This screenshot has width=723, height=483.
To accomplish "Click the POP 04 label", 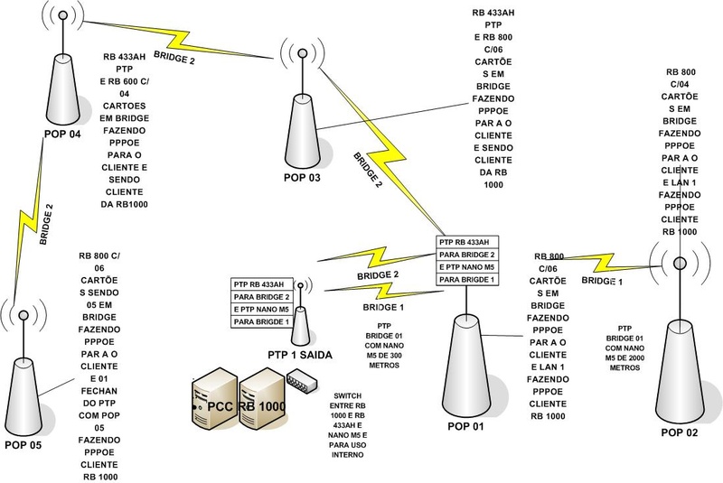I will pos(63,135).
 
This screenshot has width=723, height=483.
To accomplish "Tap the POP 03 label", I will pos(302,177).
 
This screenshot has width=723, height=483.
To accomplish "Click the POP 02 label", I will pos(681,433).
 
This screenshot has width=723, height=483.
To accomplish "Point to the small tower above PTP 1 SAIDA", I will pos(301,325).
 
